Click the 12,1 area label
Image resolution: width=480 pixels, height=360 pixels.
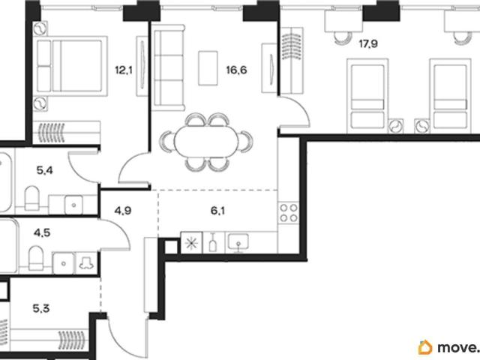[x=124, y=70]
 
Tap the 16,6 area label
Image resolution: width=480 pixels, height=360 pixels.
[x=236, y=70]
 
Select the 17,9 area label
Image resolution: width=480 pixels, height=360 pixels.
[x=368, y=43]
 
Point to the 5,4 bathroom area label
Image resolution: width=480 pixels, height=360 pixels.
[x=45, y=170]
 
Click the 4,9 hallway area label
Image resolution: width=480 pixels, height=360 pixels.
[x=123, y=211]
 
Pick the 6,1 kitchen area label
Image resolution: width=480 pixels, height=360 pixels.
[x=217, y=211]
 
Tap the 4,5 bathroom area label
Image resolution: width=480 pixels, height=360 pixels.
[x=42, y=233]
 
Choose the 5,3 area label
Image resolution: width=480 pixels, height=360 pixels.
[x=41, y=308]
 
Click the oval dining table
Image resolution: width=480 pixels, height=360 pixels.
[x=206, y=142]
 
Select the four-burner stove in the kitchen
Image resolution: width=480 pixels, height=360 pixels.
[x=289, y=213]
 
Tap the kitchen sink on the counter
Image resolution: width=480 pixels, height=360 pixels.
[x=238, y=241]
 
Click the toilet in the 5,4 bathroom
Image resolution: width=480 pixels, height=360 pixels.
[x=31, y=198]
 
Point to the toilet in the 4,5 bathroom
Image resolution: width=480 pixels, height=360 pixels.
[x=36, y=258]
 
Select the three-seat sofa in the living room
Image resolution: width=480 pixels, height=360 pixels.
[x=169, y=67]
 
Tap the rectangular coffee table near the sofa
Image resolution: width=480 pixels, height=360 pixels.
[x=208, y=68]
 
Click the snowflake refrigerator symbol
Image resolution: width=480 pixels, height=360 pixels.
[x=192, y=243]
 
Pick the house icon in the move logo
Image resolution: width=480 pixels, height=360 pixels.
[x=425, y=347]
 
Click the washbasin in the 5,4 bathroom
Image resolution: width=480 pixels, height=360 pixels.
[x=73, y=205]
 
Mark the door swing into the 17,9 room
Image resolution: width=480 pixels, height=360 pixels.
[x=295, y=112]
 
